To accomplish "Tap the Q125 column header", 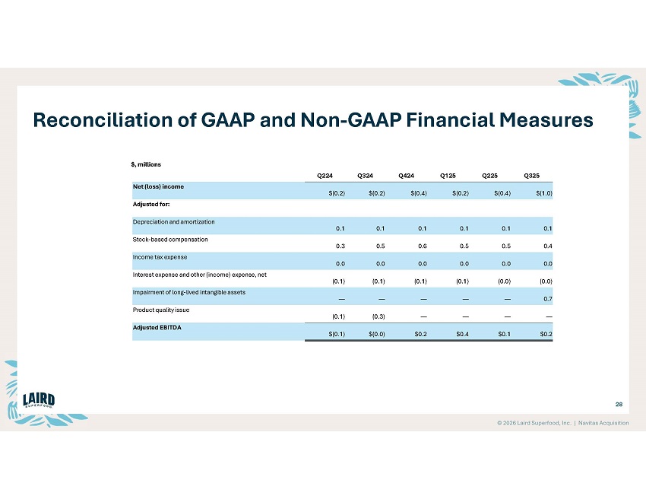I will pos(448,176).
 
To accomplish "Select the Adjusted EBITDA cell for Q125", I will pos(459,333).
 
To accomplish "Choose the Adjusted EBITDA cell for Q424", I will pos(419,333).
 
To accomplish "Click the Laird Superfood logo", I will pos(40,401).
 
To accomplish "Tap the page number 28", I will pos(618,405).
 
